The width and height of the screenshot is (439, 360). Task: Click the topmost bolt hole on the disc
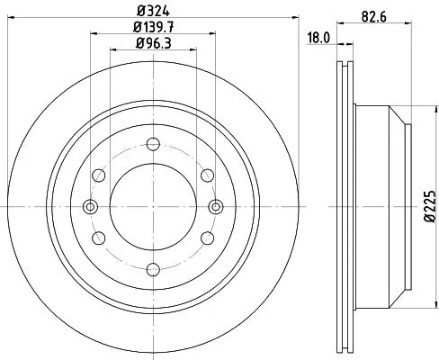(152, 142)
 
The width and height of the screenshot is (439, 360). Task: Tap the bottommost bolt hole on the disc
(152, 267)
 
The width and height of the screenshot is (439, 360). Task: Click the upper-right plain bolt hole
(207, 174)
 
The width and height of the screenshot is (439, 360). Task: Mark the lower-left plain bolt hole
(98, 237)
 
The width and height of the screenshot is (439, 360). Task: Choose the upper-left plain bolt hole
(98, 174)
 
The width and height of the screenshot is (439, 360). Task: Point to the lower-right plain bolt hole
(207, 237)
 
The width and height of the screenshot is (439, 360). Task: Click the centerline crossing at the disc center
(152, 205)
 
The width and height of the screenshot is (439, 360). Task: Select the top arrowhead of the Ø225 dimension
(416, 107)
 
